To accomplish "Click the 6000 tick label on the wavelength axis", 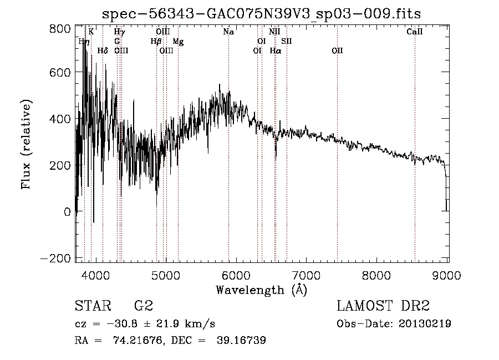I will click(x=236, y=275).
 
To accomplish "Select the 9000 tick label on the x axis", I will click(x=447, y=275).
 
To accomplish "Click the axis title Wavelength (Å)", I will click(x=261, y=290).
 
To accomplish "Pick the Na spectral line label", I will click(x=228, y=32).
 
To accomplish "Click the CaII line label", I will click(x=414, y=32).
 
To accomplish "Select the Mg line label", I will click(x=178, y=42).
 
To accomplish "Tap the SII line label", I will click(x=286, y=42).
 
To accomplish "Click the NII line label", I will click(x=274, y=32).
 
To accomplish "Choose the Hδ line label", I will click(x=103, y=51).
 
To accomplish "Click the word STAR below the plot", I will click(x=90, y=306).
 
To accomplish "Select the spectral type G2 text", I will click(x=143, y=306).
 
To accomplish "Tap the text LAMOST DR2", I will click(x=383, y=306).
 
